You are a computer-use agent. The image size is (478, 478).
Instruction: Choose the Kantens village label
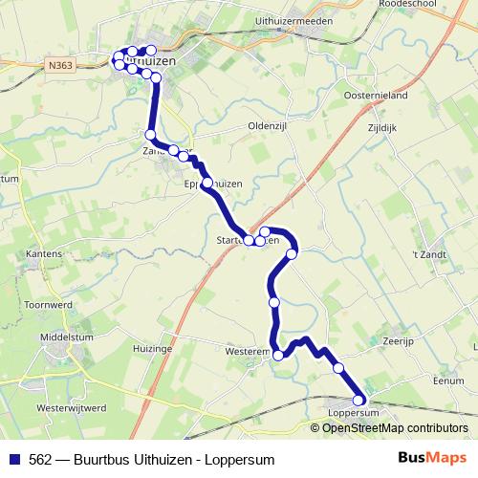pyautogui.click(x=45, y=254)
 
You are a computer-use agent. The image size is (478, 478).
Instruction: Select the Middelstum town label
pyautogui.click(x=64, y=337)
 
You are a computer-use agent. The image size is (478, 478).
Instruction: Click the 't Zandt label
pyautogui.click(x=429, y=254)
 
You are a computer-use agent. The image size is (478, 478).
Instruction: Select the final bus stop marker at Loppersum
pyautogui.click(x=360, y=401)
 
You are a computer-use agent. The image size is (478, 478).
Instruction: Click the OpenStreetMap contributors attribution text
pyautogui.click(x=395, y=427)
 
